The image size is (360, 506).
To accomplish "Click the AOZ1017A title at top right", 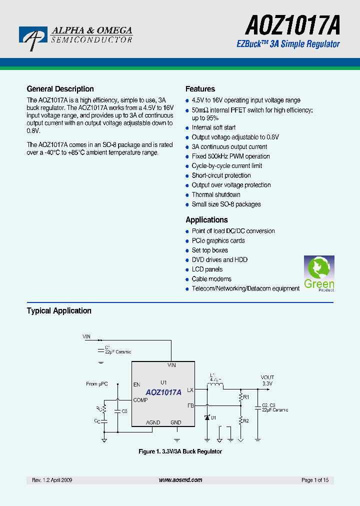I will (x=292, y=24).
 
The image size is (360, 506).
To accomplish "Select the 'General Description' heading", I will (x=60, y=89).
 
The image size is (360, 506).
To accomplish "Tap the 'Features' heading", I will (x=200, y=89).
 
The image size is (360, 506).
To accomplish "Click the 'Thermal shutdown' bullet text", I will (x=216, y=194).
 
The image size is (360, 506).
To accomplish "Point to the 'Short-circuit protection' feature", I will (x=221, y=175).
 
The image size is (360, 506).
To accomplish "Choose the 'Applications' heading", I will (x=206, y=220).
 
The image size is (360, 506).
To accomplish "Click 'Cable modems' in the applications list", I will (x=211, y=279).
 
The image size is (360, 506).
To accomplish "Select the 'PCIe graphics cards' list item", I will (x=218, y=240).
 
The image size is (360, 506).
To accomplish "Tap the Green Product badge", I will (x=319, y=273).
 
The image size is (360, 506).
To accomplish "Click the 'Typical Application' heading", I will (x=59, y=311).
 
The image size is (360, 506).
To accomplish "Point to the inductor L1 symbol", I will (x=216, y=386).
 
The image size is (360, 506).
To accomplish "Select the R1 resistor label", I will (x=245, y=397).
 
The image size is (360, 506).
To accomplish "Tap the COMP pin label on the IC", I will (x=140, y=400).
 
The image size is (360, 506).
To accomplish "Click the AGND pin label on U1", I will (x=153, y=422).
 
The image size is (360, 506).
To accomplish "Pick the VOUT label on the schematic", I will (x=267, y=377).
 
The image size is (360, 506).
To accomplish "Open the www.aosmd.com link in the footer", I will (x=180, y=480).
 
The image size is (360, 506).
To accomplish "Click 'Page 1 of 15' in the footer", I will (x=315, y=480).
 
